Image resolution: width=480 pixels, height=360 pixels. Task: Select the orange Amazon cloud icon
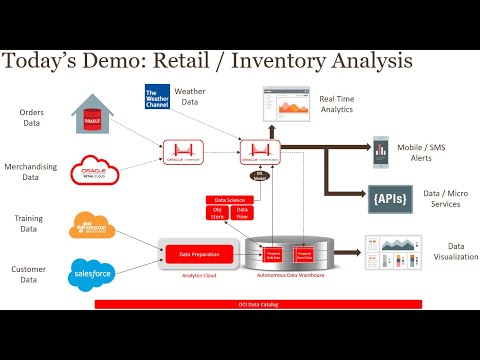tap(93, 225)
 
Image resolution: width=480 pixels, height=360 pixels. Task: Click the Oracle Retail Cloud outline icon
tap(94, 171)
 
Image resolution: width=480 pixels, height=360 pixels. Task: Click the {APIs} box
tap(386, 197)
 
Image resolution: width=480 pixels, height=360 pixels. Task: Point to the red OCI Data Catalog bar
tap(258, 304)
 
